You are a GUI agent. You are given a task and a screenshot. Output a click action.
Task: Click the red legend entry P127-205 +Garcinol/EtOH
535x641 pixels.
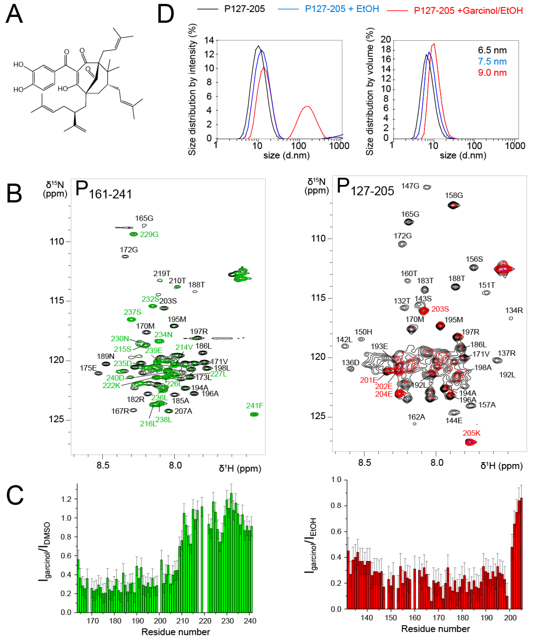coord(468,11)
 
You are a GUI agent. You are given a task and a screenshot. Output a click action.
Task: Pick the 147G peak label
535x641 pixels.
coord(410,186)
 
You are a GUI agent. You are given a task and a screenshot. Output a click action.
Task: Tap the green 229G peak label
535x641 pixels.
coord(149,234)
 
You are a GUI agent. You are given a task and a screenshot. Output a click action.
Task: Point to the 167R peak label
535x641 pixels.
coord(120,411)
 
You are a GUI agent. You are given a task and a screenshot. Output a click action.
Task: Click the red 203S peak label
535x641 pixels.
coord(440,309)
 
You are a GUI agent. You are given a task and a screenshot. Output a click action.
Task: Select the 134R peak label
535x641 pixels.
coord(514,310)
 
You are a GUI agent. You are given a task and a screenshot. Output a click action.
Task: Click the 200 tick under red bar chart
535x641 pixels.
coord(510,618)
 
